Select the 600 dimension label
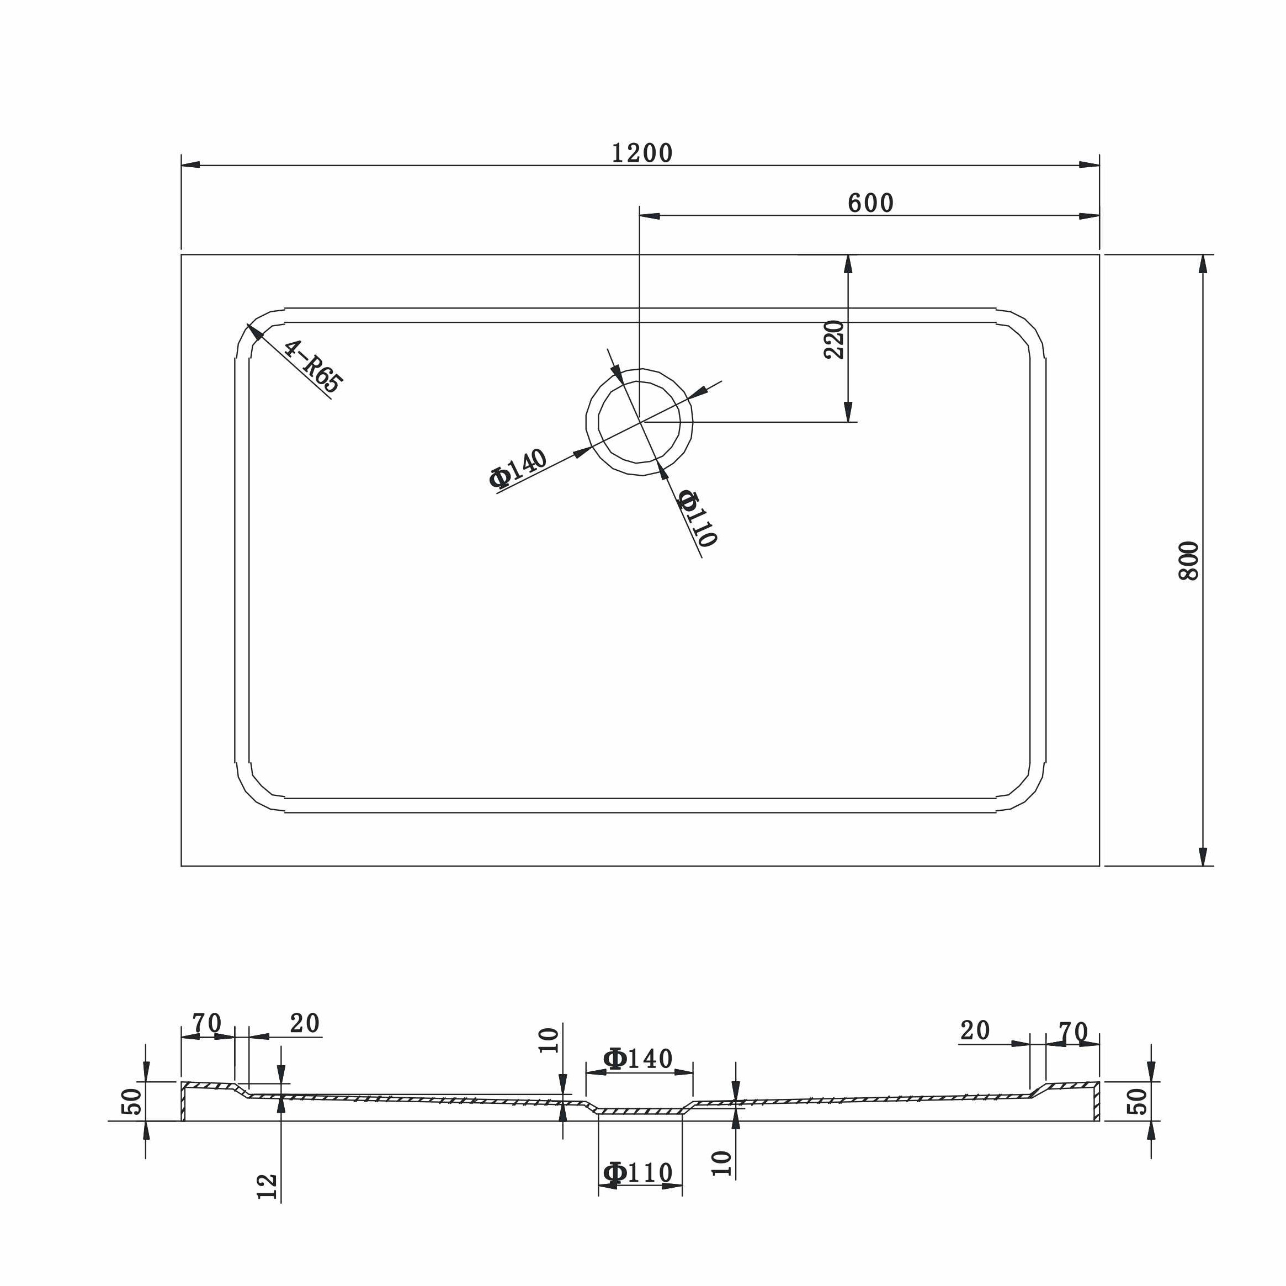coord(870,204)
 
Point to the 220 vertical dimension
coord(833,339)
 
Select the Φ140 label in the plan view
coord(518,469)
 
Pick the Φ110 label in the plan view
coord(696,518)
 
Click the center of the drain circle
coord(640,422)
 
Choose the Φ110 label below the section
coord(637,1172)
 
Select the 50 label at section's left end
coord(132,1101)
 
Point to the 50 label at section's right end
coord(1138,1101)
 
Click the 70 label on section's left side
coord(206,1023)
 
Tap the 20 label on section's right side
coord(975,1030)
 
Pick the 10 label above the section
coord(549,1040)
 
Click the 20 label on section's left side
coord(304,1023)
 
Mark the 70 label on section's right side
coord(1072,1032)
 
